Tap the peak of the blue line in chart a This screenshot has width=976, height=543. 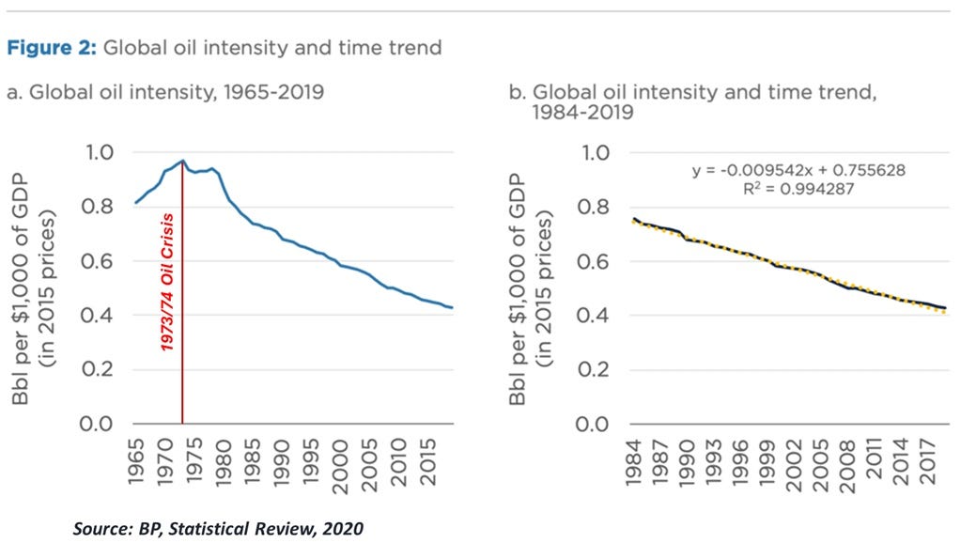[x=182, y=161]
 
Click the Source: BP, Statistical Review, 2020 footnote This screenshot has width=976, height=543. [x=218, y=528]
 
